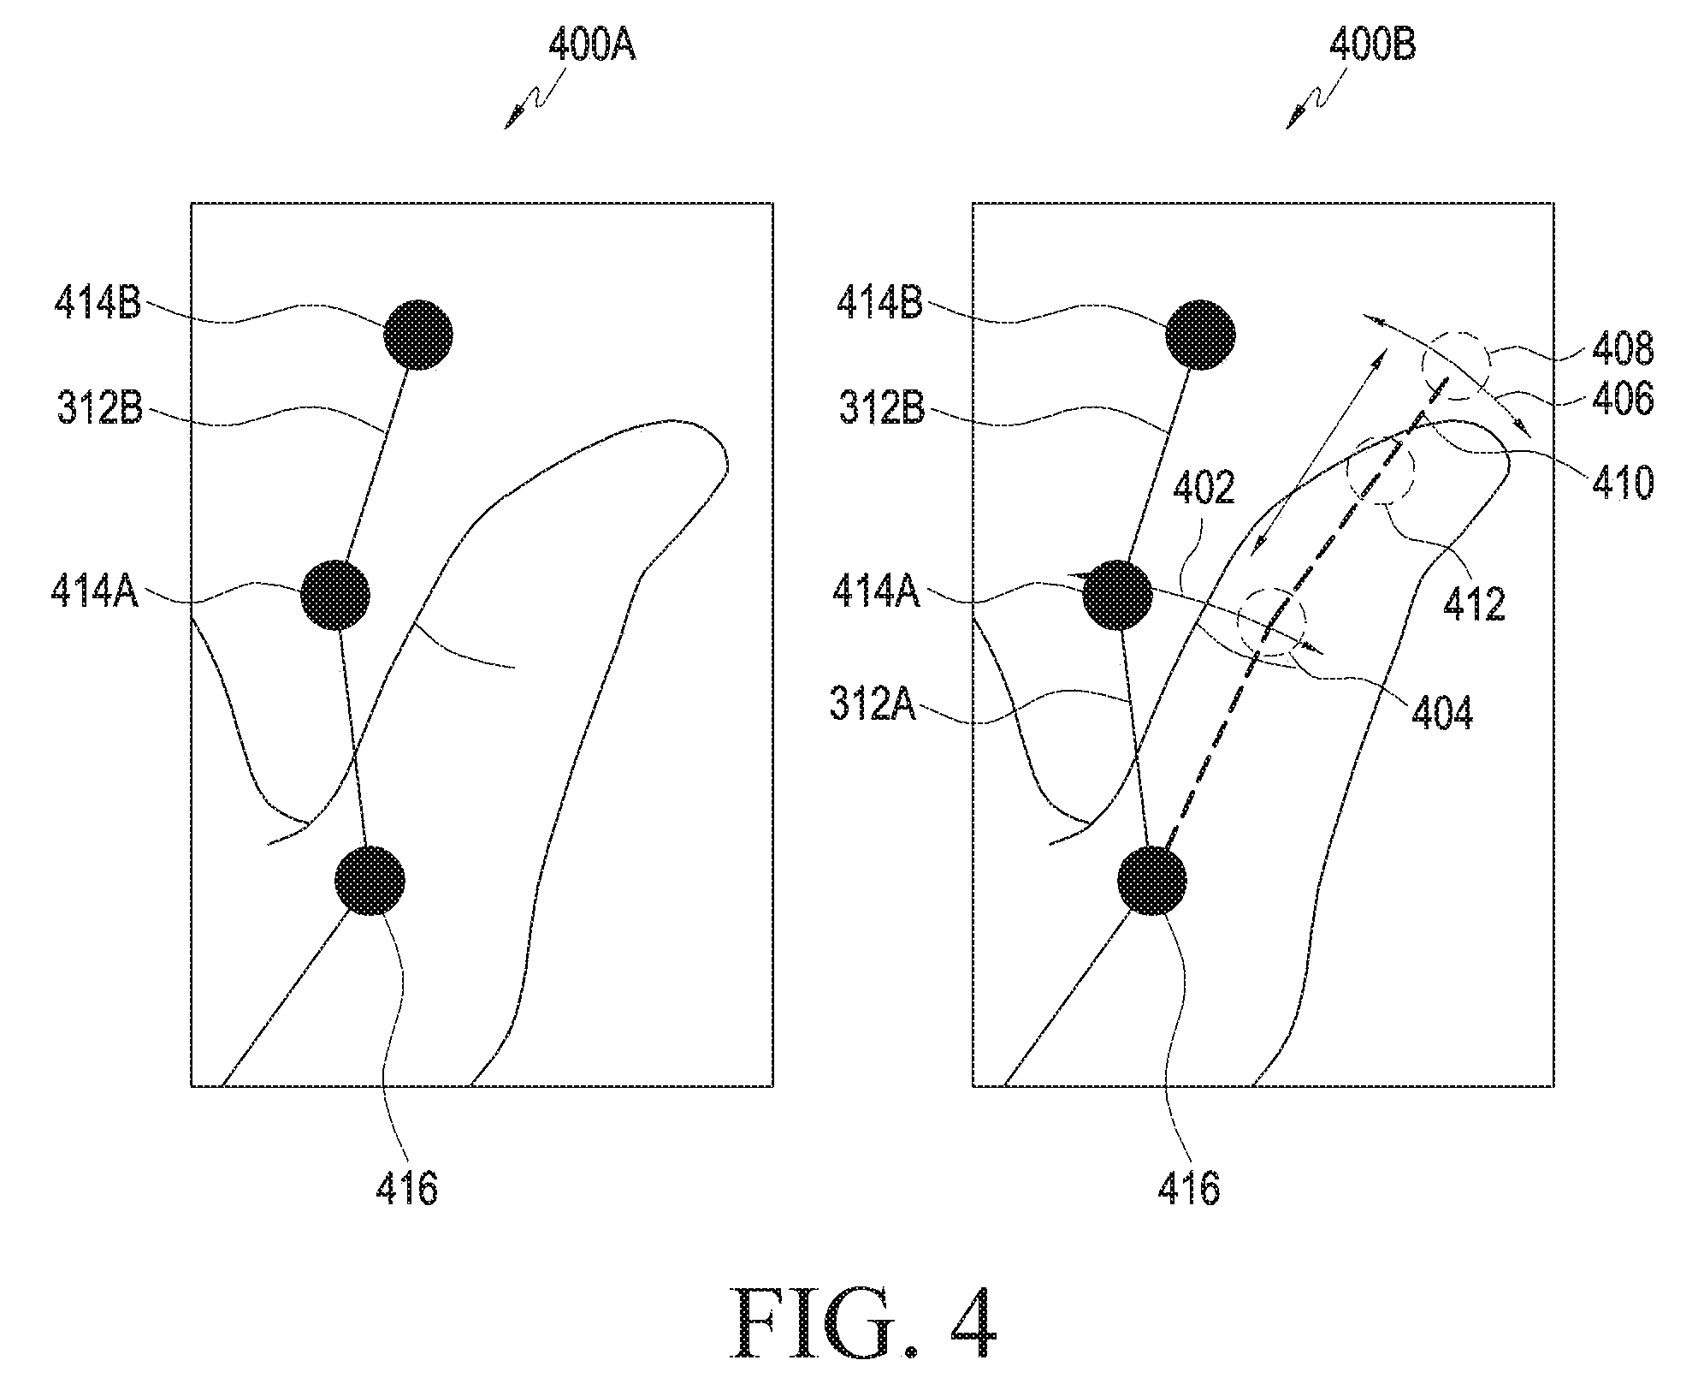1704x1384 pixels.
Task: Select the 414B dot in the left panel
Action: click(x=417, y=335)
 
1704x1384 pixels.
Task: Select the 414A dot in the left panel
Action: click(x=335, y=596)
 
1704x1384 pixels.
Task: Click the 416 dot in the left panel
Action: click(x=370, y=880)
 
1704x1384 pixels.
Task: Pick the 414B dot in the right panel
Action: click(x=1200, y=335)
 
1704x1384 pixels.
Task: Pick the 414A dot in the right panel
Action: click(x=1117, y=596)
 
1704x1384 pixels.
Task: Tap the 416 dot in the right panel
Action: click(x=1152, y=880)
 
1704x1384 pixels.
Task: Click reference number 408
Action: click(x=1623, y=349)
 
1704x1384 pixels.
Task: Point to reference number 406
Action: click(x=1623, y=399)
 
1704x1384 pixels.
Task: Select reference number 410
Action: click(x=1623, y=484)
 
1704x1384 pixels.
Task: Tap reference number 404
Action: click(x=1442, y=714)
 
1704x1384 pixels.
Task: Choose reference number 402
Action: click(x=1204, y=489)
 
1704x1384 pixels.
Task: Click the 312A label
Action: click(x=873, y=707)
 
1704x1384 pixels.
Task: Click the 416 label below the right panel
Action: click(x=1189, y=1189)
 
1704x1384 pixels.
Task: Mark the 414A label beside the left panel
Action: click(x=95, y=591)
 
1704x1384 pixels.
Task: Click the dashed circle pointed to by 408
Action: click(x=1455, y=365)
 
